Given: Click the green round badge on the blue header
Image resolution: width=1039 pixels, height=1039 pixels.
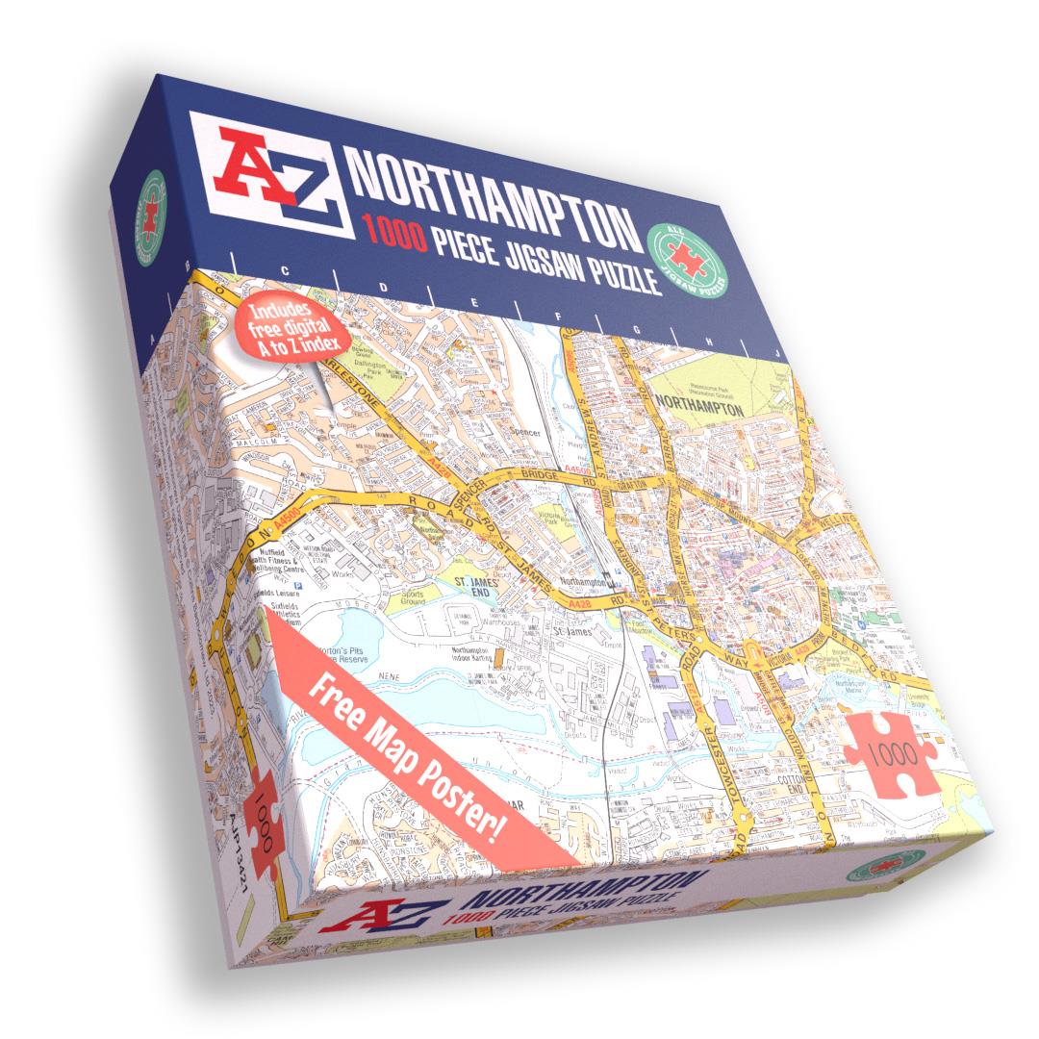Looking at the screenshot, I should [687, 257].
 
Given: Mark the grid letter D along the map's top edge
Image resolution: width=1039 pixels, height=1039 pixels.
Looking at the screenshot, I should [384, 287].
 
